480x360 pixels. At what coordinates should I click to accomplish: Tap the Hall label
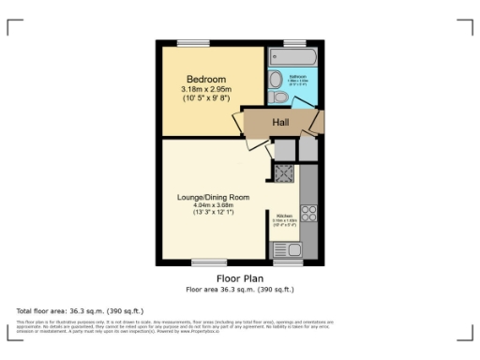(280, 123)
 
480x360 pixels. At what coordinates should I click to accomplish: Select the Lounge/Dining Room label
(215, 198)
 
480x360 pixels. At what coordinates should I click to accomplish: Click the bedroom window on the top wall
(193, 41)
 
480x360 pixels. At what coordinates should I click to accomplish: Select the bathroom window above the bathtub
(295, 42)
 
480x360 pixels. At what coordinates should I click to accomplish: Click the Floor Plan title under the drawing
(239, 278)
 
